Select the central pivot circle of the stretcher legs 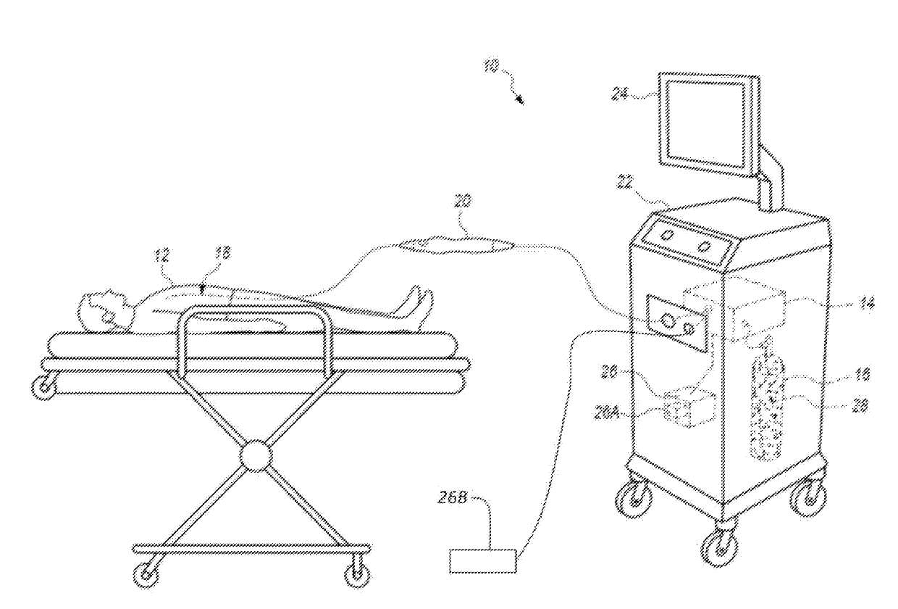(x=253, y=455)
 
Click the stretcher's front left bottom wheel (x=148, y=573)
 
